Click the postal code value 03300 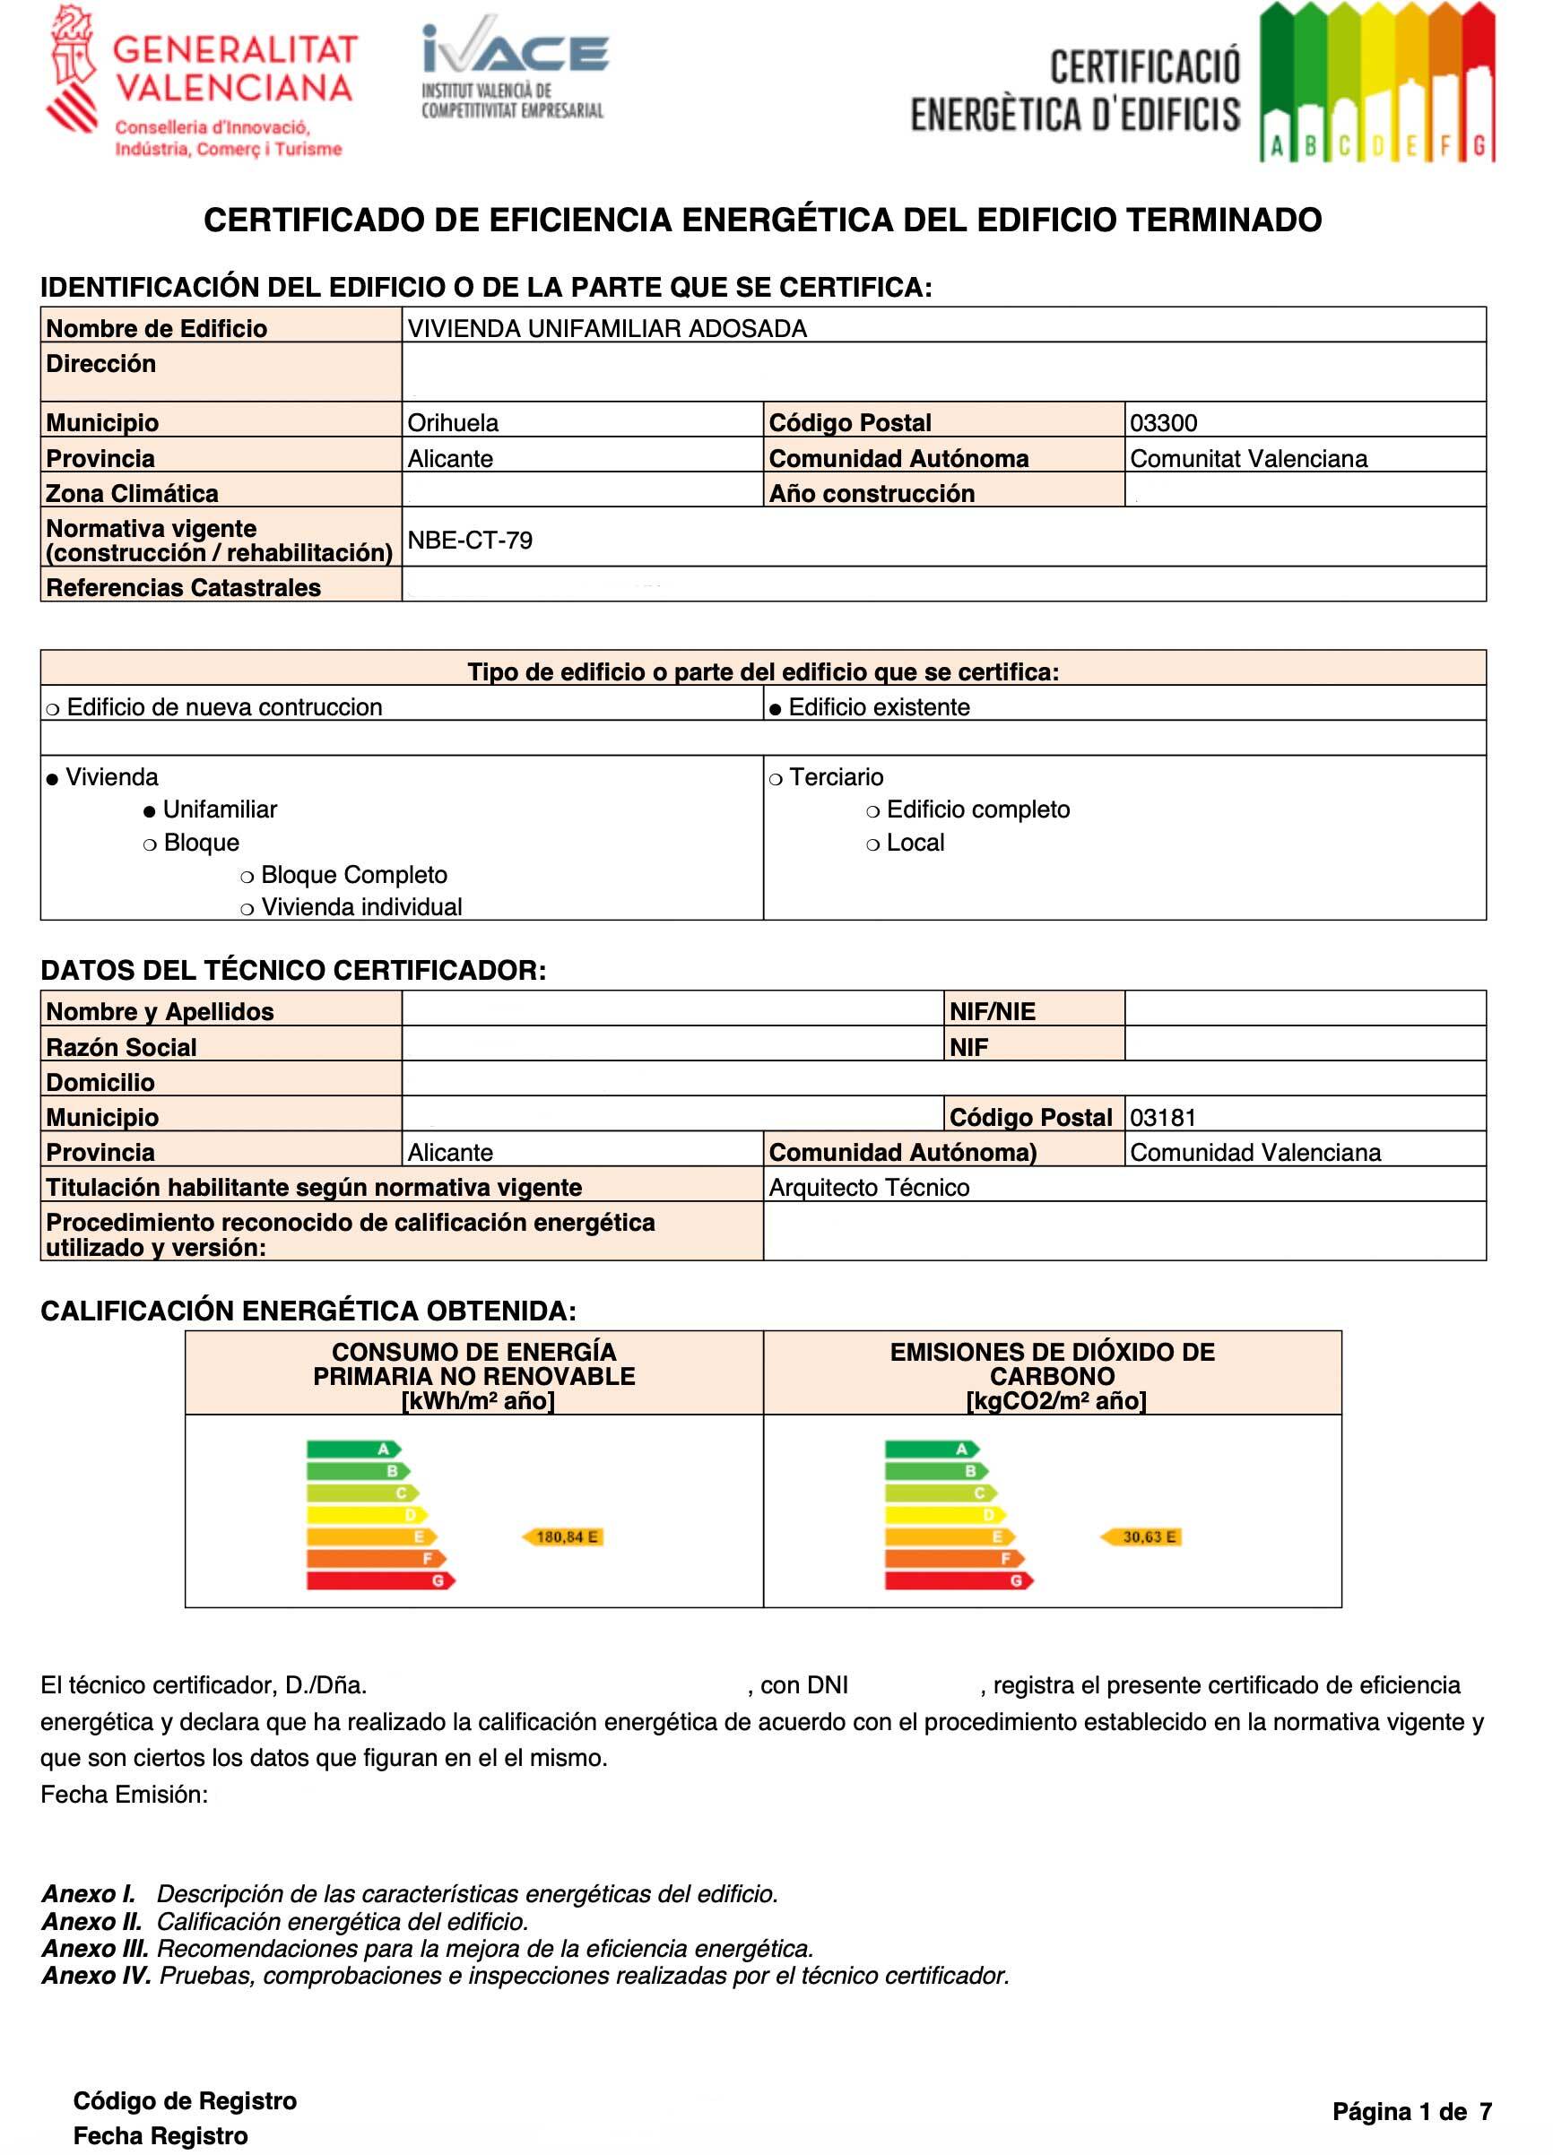[x=1163, y=423]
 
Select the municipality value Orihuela [x=453, y=423]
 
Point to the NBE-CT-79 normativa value [x=470, y=540]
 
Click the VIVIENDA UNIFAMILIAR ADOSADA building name [x=606, y=329]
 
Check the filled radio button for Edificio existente [x=776, y=709]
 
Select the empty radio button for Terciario [x=776, y=779]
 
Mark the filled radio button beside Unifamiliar [x=149, y=811]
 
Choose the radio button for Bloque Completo [x=247, y=876]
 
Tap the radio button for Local [x=872, y=844]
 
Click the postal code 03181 [x=1162, y=1118]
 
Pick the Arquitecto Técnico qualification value [x=869, y=1188]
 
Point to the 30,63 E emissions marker [x=1141, y=1536]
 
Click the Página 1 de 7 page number [x=1411, y=2111]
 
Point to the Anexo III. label [x=95, y=1948]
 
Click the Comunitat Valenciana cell [x=1248, y=459]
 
